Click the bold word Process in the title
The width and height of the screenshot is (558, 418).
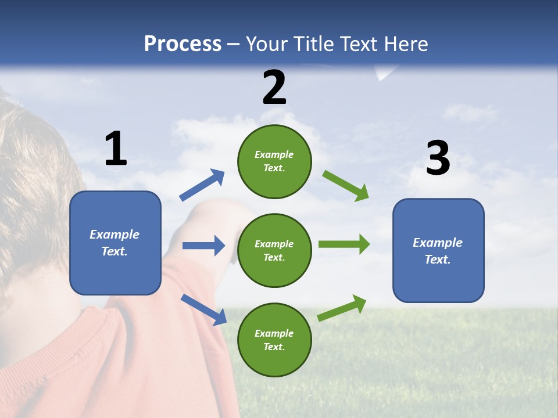[x=183, y=44]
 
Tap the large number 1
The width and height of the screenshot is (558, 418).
[x=116, y=149]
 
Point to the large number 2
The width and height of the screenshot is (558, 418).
[x=274, y=88]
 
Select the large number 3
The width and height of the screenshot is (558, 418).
[x=438, y=158]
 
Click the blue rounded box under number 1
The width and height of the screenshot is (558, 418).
[x=115, y=273]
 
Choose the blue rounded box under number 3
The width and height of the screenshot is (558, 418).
[x=438, y=282]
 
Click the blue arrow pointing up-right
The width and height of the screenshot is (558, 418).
[x=202, y=185]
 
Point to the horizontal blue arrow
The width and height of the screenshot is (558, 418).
[x=203, y=246]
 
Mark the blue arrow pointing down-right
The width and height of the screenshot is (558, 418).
[x=203, y=309]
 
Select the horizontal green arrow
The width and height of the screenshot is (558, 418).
[x=344, y=244]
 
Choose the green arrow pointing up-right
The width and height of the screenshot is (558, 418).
[x=342, y=308]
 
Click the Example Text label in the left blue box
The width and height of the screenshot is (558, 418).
[x=115, y=243]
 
